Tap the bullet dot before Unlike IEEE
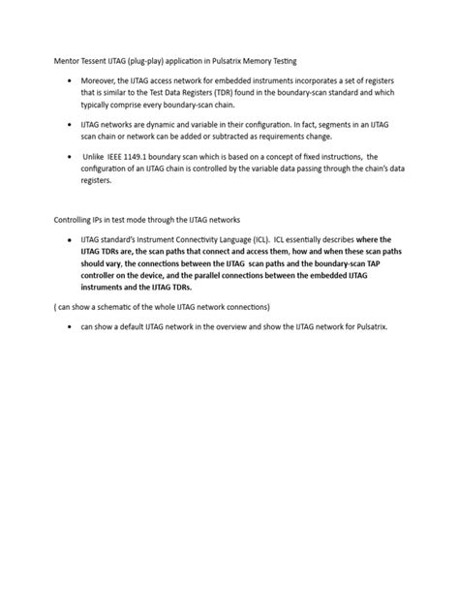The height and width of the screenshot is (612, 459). pos(69,157)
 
